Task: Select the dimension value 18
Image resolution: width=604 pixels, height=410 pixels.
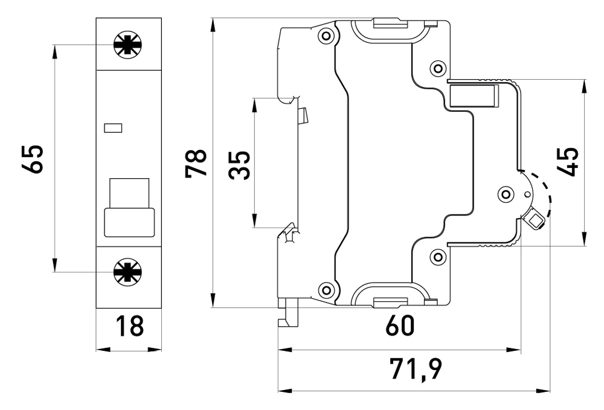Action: tap(129, 326)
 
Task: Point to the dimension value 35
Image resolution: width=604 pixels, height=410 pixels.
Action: tap(240, 165)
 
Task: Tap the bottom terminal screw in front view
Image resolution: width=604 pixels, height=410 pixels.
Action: tap(127, 272)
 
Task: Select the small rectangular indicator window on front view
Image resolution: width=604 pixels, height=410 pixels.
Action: tap(113, 127)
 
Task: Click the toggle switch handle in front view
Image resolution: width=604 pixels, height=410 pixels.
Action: tap(129, 208)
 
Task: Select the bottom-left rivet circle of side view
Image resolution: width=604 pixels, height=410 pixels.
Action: tap(327, 290)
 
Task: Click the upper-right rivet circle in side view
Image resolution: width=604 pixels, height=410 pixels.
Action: tap(438, 67)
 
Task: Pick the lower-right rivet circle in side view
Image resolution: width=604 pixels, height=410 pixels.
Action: tap(438, 258)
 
